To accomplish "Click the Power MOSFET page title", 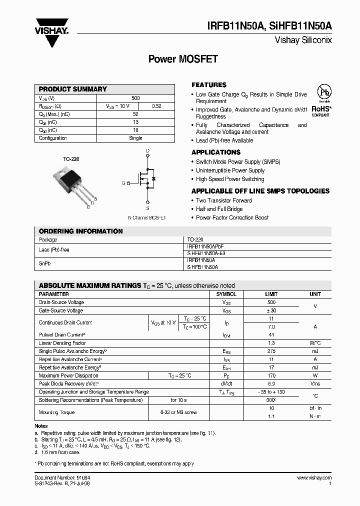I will [183, 59].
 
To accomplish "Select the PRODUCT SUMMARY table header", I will [73, 89].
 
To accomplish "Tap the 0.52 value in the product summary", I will [156, 106].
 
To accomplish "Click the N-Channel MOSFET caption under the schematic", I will [147, 218].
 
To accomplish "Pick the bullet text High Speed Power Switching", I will [230, 179].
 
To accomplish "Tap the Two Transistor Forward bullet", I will [224, 200].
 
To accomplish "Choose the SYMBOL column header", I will [226, 294].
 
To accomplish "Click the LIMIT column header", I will [271, 294].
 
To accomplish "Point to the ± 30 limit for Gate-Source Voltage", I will [271, 310].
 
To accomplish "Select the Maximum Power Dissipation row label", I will [68, 375].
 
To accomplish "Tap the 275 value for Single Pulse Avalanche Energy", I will [271, 351].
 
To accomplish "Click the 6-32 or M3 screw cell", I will [178, 412].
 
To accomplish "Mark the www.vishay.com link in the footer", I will [314, 478].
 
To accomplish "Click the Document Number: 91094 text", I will [62, 478].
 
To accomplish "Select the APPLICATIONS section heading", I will [216, 152].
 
